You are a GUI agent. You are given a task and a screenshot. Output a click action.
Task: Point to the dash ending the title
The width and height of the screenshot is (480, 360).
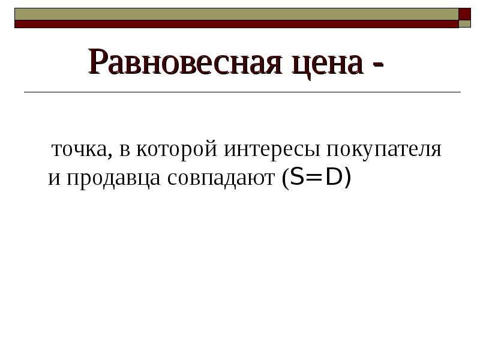click(x=377, y=66)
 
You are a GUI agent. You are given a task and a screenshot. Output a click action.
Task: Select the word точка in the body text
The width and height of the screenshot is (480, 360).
click(x=79, y=150)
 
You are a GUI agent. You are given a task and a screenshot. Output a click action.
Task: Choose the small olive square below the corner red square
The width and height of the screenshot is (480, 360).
click(x=465, y=25)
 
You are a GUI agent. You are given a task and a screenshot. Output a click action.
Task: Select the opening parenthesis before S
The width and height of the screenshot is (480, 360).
click(x=283, y=179)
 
